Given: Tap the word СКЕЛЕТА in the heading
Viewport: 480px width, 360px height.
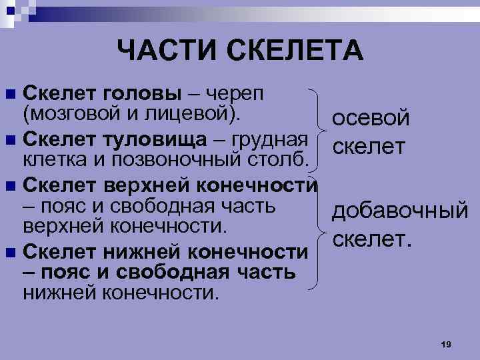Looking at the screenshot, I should tap(294, 50).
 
